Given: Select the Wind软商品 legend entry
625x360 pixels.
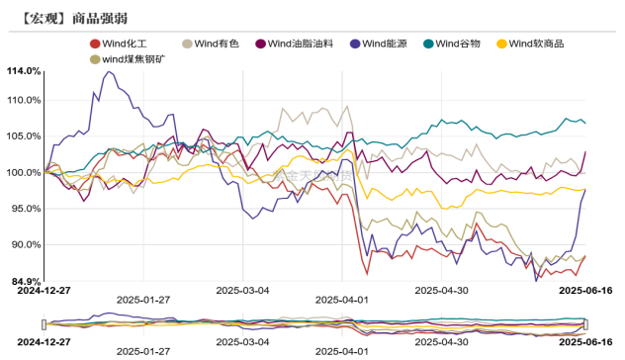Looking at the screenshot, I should [x=538, y=44].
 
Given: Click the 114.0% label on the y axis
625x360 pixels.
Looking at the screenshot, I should [x=24, y=71].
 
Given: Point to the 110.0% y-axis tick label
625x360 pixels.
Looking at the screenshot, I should [x=24, y=100].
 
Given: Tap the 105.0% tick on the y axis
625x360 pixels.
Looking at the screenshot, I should [x=24, y=135].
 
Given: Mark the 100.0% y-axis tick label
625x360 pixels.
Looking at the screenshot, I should [x=24, y=172].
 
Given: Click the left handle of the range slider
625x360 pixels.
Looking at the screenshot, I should [x=45, y=323].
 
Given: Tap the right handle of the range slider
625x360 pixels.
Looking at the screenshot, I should [x=586, y=323].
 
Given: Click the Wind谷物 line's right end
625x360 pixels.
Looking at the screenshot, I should [x=585, y=123].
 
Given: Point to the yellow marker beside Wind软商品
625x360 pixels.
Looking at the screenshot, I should [x=501, y=44].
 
